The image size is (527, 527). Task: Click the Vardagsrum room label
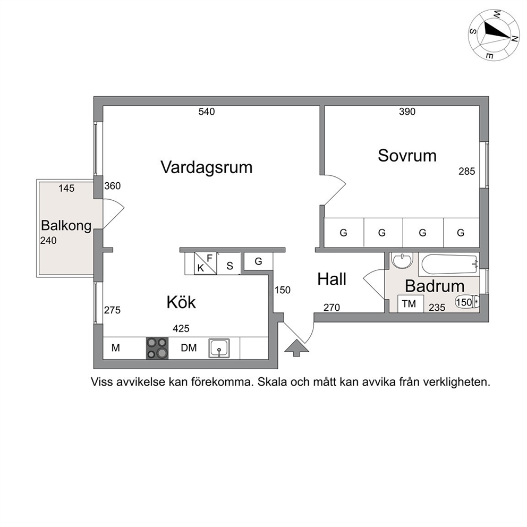206,167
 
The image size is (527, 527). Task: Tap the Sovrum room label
407,156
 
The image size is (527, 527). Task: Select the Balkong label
66,226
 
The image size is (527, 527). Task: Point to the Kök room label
181,302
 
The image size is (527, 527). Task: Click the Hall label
331,279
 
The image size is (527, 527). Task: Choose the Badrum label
435,286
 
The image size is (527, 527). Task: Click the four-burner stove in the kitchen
157,348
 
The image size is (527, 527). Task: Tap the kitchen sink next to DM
219,348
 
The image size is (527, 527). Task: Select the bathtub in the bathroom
449,264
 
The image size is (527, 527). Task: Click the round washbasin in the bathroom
402,261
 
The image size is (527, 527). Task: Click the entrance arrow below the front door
296,348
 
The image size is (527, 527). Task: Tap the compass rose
494,35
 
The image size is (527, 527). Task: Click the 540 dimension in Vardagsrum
206,112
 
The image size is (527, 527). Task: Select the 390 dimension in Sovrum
407,112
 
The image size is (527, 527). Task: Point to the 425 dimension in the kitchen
181,328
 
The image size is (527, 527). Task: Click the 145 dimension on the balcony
66,188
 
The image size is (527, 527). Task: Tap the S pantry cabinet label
230,266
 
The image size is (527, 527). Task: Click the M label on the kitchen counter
116,348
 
